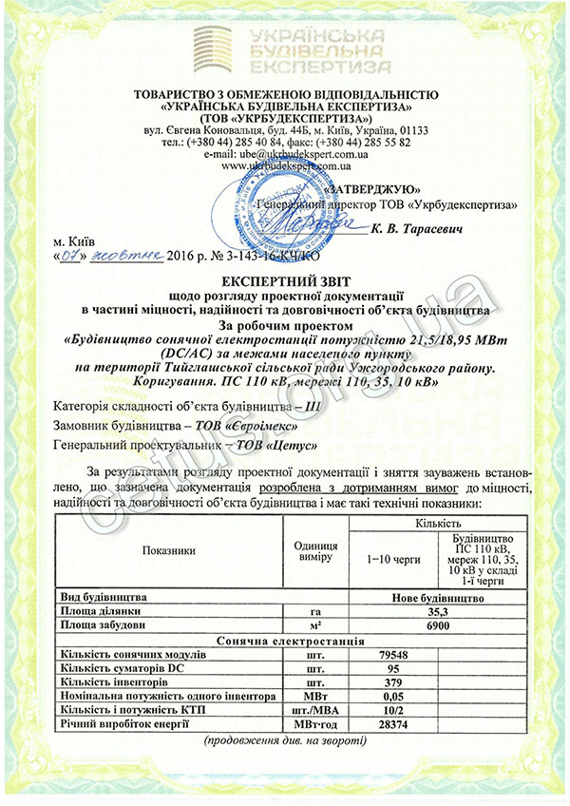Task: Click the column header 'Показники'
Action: pyautogui.click(x=170, y=549)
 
